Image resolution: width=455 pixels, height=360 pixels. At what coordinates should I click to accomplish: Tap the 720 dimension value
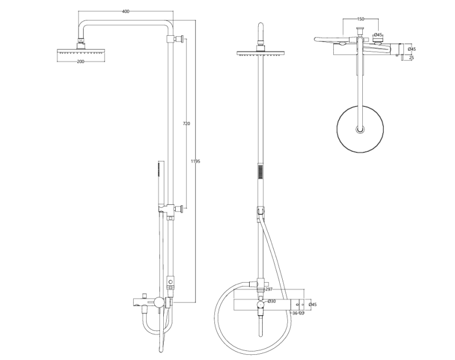pyautogui.click(x=186, y=123)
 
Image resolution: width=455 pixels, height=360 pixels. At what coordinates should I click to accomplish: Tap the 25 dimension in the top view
pyautogui.click(x=412, y=57)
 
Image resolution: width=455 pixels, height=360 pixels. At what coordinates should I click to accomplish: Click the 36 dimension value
pyautogui.click(x=295, y=313)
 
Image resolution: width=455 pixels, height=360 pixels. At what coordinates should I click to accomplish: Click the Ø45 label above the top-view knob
pyautogui.click(x=378, y=35)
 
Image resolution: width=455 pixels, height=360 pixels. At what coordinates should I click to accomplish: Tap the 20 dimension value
pyautogui.click(x=301, y=313)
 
